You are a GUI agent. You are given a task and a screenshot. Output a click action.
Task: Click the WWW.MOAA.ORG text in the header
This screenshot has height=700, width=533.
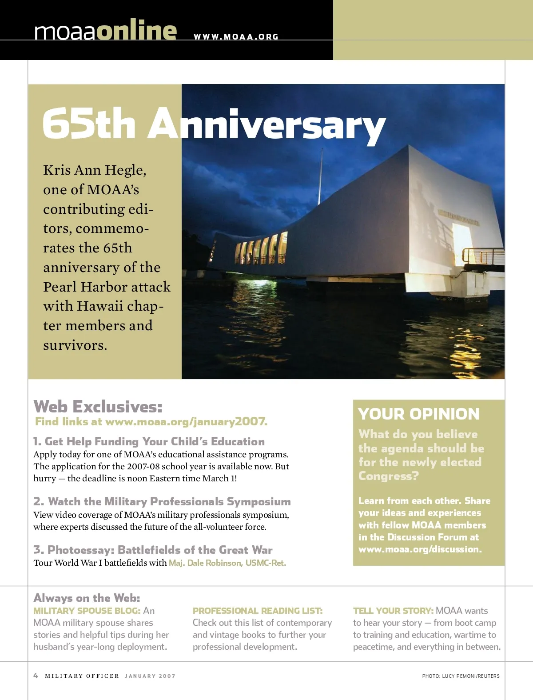pyautogui.click(x=236, y=37)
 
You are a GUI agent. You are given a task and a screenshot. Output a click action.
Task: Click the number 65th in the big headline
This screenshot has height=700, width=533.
pyautogui.click(x=89, y=124)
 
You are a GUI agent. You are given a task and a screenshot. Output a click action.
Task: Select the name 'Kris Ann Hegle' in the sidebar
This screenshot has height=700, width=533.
pyautogui.click(x=94, y=170)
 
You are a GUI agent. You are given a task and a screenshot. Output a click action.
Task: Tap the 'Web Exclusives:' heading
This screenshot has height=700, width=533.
pyautogui.click(x=98, y=407)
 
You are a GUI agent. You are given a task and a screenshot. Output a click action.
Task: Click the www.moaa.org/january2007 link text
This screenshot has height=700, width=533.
pyautogui.click(x=186, y=421)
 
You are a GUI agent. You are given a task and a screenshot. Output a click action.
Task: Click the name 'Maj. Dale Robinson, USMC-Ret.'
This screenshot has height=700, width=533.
pyautogui.click(x=227, y=563)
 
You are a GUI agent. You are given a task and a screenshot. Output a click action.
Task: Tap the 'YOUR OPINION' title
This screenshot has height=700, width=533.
pyautogui.click(x=418, y=414)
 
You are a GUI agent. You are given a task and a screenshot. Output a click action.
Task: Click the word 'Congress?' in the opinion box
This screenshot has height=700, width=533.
pyautogui.click(x=388, y=476)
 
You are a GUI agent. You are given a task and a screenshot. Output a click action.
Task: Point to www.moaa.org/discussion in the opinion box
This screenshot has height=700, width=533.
pyautogui.click(x=419, y=549)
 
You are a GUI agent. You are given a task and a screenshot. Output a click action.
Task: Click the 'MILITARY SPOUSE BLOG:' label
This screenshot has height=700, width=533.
pyautogui.click(x=87, y=611)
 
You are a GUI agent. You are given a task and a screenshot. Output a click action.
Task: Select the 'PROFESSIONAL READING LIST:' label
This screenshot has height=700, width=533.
pyautogui.click(x=258, y=611)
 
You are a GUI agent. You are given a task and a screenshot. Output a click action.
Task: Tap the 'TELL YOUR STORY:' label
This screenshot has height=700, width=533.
pyautogui.click(x=393, y=611)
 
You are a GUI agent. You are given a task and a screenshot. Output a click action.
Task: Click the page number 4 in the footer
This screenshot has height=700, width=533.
pyautogui.click(x=36, y=676)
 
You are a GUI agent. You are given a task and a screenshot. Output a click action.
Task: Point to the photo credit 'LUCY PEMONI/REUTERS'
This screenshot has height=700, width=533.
pyautogui.click(x=471, y=676)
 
